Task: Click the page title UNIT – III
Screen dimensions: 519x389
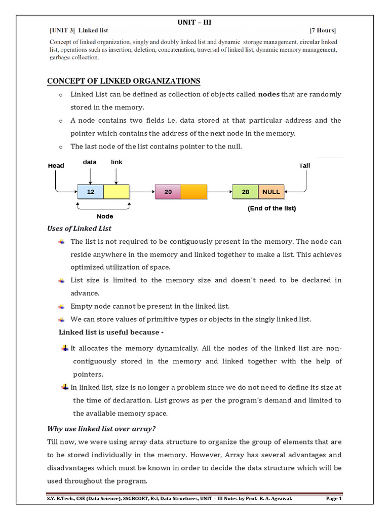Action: tap(194, 22)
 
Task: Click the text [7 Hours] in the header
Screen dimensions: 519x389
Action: tap(322, 31)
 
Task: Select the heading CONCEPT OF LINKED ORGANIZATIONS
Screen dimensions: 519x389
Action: tap(124, 81)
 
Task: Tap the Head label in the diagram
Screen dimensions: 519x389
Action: tap(56, 166)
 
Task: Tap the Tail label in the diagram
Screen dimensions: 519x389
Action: tap(305, 166)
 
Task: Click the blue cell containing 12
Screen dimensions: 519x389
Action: tap(90, 192)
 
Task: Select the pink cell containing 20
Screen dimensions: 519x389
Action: tap(168, 192)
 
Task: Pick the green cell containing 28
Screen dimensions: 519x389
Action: tap(245, 192)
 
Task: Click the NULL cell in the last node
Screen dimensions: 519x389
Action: tap(271, 192)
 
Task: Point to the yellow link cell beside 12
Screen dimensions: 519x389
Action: tap(116, 192)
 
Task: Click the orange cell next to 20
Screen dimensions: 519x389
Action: tap(193, 192)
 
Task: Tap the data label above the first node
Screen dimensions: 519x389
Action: tap(90, 162)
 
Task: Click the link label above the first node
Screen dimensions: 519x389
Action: tap(116, 162)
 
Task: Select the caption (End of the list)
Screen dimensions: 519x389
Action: tap(271, 208)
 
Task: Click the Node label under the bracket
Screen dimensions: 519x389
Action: tap(105, 216)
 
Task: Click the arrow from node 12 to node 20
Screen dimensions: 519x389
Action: tap(142, 192)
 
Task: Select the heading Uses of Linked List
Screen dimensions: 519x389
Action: tap(79, 229)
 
